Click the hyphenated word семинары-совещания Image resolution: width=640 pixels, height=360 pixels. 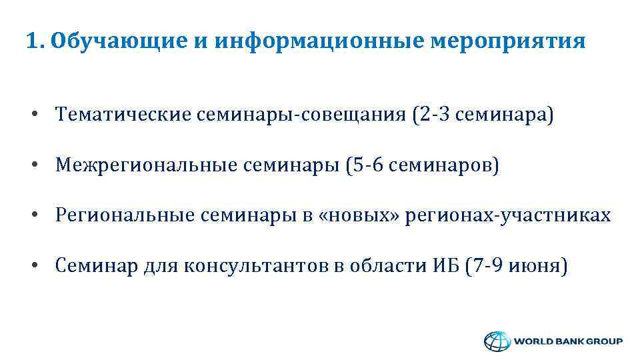(x=301, y=115)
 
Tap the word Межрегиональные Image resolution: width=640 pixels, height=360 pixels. (x=143, y=165)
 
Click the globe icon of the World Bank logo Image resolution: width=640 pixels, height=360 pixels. (x=496, y=341)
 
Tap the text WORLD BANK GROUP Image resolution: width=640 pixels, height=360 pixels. (x=567, y=341)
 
